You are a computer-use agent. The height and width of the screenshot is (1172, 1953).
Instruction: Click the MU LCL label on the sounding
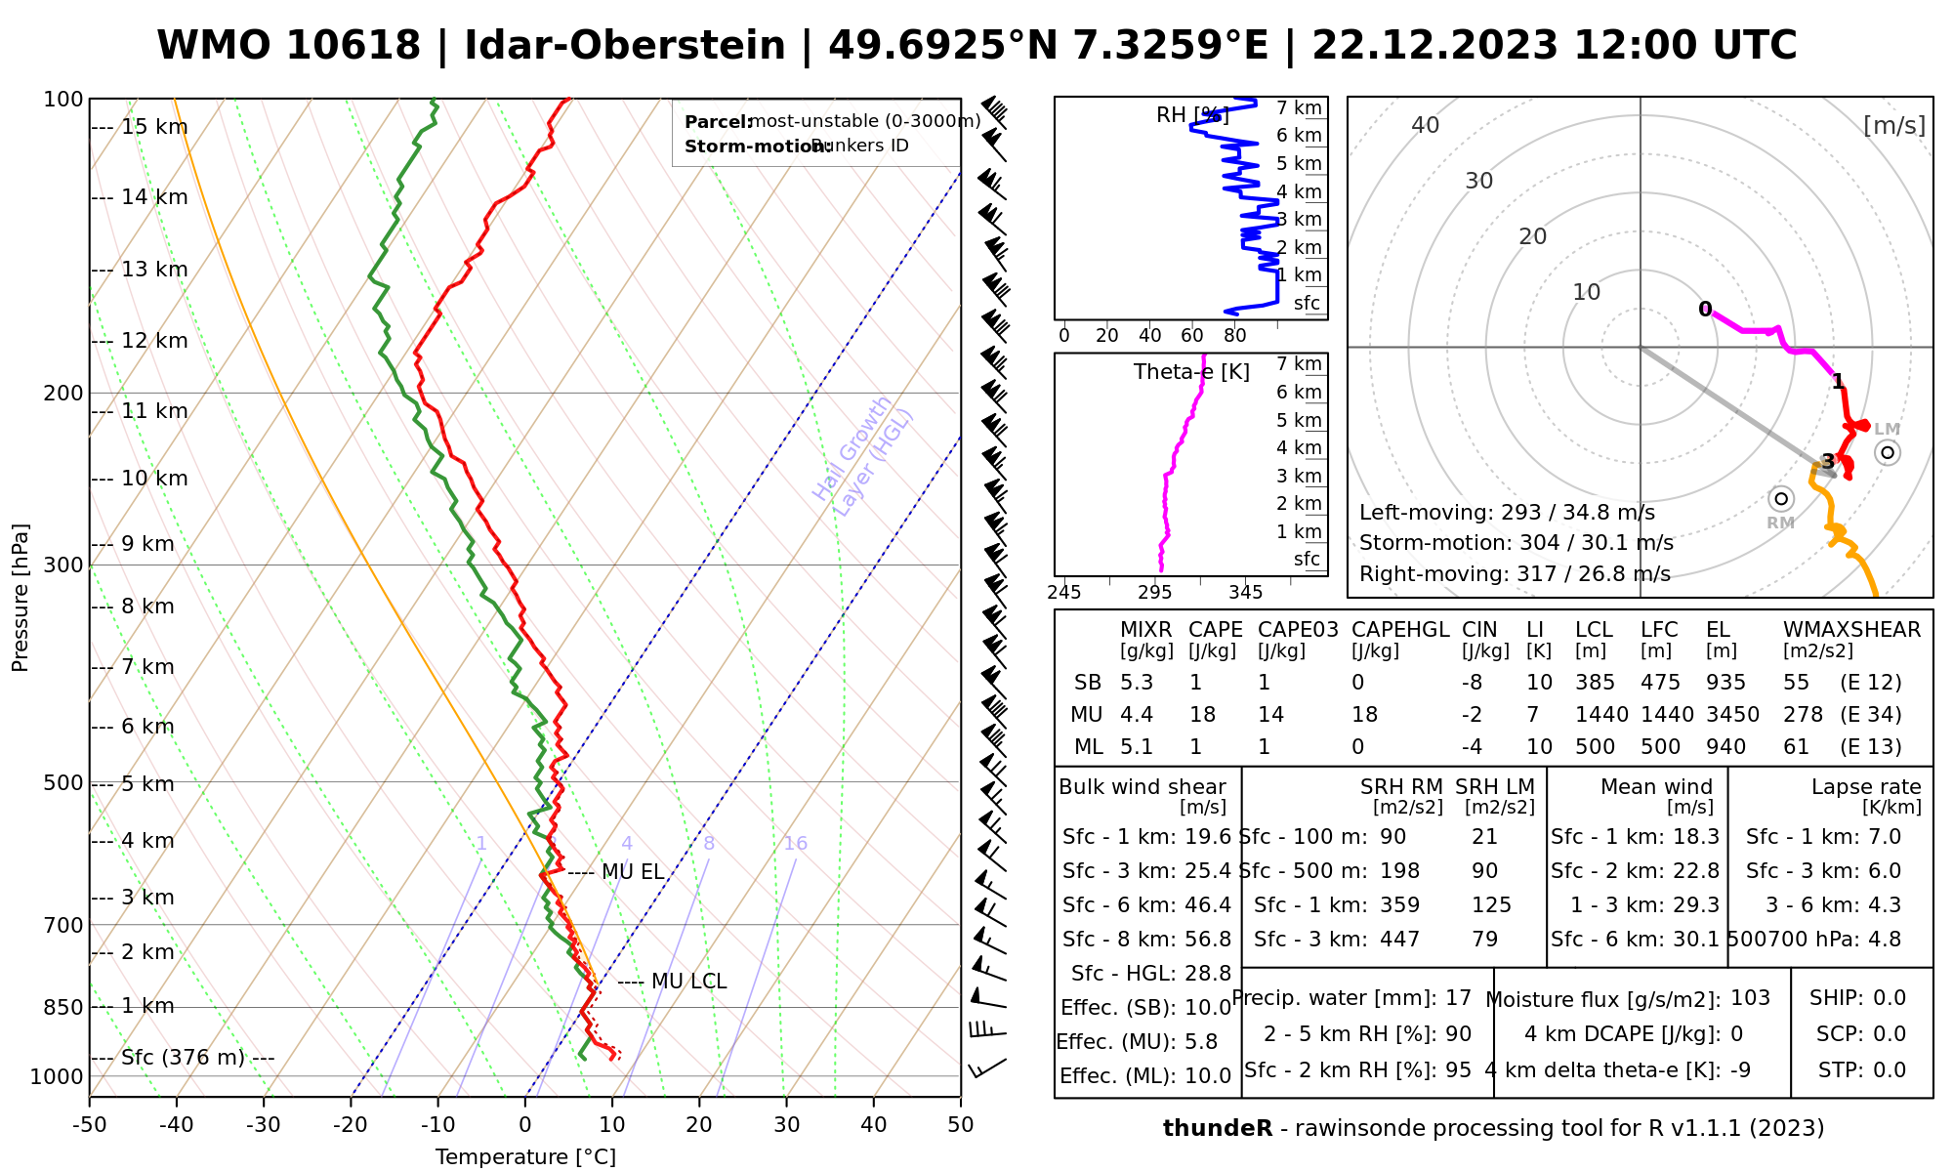(688, 981)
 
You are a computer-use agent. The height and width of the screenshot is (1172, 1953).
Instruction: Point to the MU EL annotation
(633, 872)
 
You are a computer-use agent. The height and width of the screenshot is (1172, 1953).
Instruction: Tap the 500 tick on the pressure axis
(63, 783)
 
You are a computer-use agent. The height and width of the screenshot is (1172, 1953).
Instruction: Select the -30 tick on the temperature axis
(264, 1125)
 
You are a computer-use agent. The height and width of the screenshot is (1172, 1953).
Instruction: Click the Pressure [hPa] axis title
(21, 598)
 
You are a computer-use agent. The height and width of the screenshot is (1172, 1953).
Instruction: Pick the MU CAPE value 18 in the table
(1202, 715)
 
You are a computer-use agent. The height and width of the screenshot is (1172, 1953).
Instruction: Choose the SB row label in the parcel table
(1088, 683)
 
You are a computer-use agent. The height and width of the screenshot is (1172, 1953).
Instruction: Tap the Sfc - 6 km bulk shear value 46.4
(1208, 905)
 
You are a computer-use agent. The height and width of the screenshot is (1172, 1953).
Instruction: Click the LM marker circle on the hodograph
(1888, 452)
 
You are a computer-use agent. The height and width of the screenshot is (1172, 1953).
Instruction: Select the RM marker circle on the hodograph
(1781, 499)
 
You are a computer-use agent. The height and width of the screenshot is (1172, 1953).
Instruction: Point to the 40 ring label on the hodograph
(1426, 125)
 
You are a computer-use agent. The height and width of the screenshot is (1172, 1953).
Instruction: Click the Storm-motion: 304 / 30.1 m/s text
(1516, 543)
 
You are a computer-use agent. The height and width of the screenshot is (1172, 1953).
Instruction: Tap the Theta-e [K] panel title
(1191, 372)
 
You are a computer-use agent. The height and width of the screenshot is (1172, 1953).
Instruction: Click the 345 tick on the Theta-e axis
(1245, 593)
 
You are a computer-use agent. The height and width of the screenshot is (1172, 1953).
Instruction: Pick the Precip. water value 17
(1458, 998)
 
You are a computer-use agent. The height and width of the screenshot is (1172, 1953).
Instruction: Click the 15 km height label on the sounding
(154, 127)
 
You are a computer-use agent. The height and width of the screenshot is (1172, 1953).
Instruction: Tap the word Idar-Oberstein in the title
(625, 46)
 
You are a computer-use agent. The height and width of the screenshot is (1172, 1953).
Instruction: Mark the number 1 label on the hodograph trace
(1838, 381)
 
